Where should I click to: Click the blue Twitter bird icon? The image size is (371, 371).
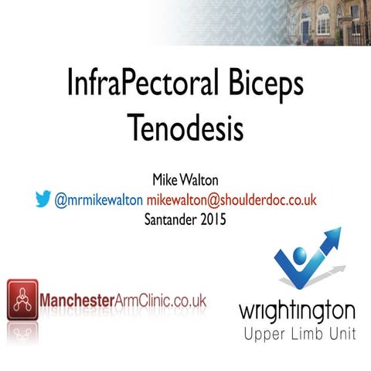[43, 199]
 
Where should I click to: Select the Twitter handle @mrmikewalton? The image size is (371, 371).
[99, 199]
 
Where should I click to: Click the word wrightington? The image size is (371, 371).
[297, 311]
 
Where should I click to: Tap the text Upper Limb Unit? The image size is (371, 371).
[298, 335]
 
